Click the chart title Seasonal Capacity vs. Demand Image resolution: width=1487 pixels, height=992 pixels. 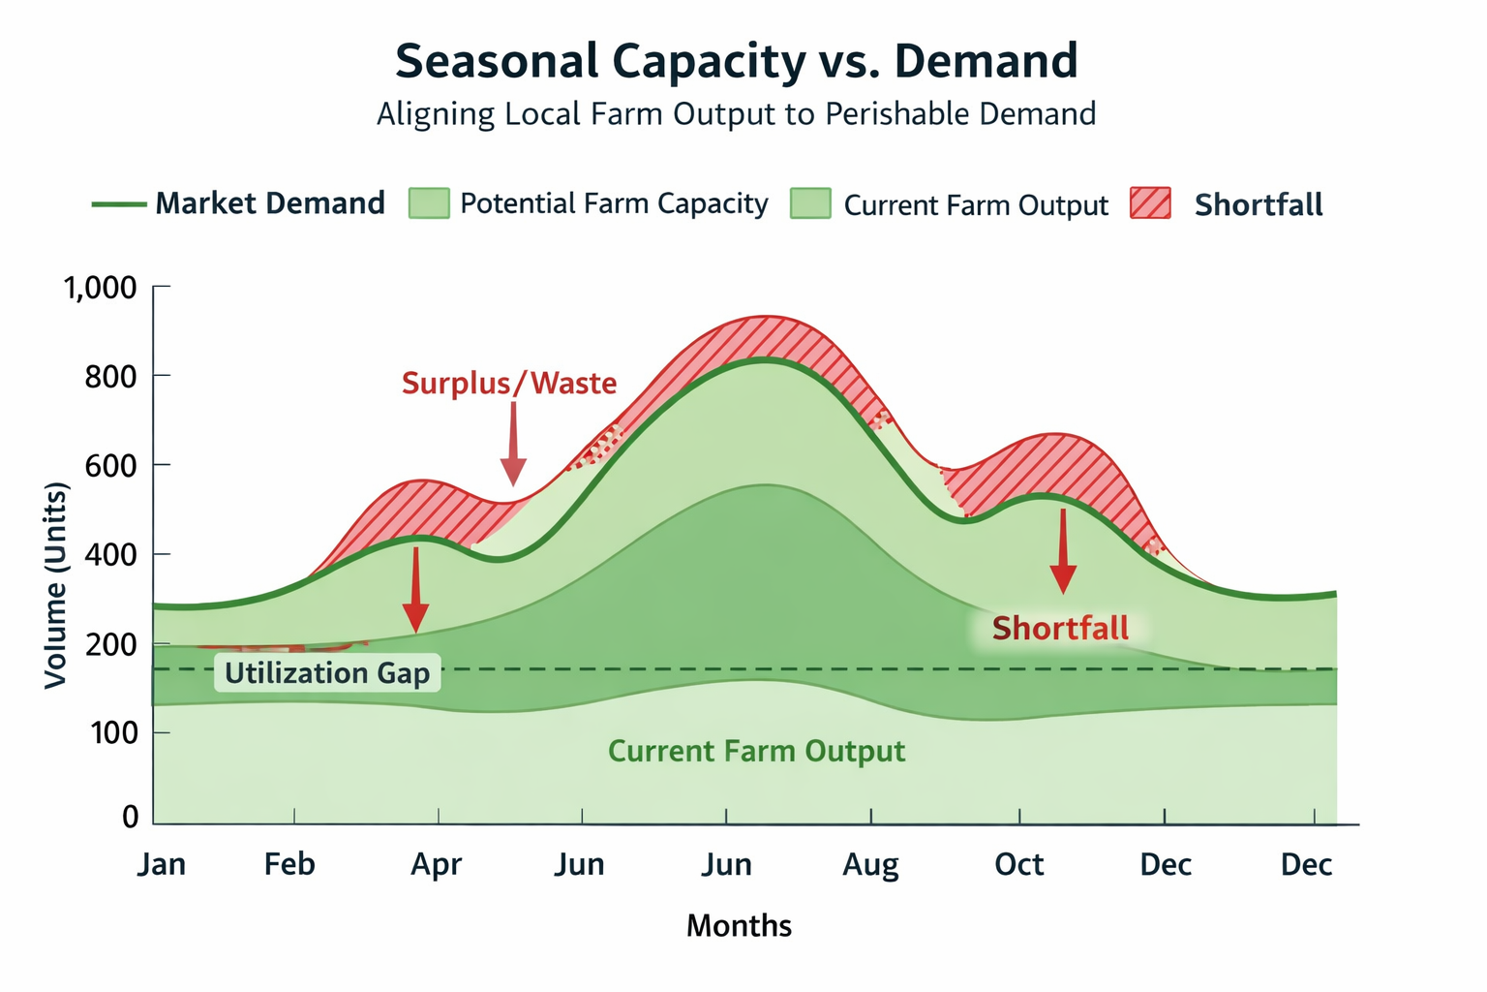pyautogui.click(x=736, y=61)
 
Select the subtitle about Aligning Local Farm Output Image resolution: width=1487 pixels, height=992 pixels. pyautogui.click(x=736, y=114)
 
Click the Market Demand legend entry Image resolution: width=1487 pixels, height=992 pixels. pyautogui.click(x=239, y=203)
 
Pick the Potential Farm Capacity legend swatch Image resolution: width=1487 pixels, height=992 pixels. pyautogui.click(x=429, y=203)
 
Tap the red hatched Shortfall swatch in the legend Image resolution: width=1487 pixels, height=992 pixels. pyautogui.click(x=1150, y=204)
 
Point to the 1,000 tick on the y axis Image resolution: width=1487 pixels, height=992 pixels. pyautogui.click(x=101, y=288)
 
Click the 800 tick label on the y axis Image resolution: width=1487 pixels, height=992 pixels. pyautogui.click(x=110, y=376)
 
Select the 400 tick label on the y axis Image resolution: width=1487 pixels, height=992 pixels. pyautogui.click(x=110, y=555)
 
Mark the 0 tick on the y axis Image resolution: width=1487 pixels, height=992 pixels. pyautogui.click(x=131, y=817)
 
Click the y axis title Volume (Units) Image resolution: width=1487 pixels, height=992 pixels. pyautogui.click(x=56, y=585)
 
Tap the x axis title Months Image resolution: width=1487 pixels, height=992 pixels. pyautogui.click(x=739, y=926)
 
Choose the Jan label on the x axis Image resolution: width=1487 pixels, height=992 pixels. pyautogui.click(x=161, y=864)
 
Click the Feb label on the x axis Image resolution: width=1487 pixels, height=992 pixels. pyautogui.click(x=289, y=864)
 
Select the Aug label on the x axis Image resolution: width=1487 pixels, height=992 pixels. pyautogui.click(x=870, y=864)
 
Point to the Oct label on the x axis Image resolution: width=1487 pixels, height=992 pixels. pyautogui.click(x=1018, y=864)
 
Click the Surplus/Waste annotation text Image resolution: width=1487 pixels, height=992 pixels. pyautogui.click(x=509, y=384)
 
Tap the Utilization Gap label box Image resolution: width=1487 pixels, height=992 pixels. pyautogui.click(x=327, y=673)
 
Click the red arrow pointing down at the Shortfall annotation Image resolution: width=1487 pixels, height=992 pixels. pyautogui.click(x=1063, y=550)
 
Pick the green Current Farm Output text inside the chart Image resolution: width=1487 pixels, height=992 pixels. pyautogui.click(x=756, y=752)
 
